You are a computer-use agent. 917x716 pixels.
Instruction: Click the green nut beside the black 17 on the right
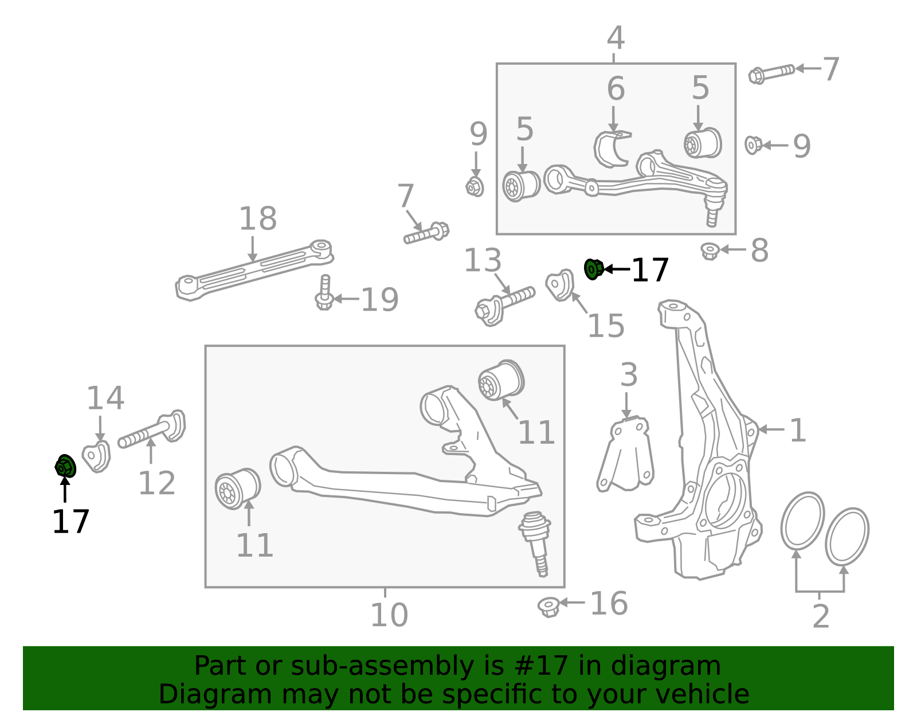[x=594, y=269]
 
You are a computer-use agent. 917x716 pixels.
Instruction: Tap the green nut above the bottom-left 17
[x=65, y=466]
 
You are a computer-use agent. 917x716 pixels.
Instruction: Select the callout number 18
[x=258, y=218]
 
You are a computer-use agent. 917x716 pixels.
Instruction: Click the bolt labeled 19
[x=324, y=293]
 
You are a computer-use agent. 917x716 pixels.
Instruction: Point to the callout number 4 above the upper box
[x=616, y=38]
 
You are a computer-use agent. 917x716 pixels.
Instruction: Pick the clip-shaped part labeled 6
[x=612, y=149]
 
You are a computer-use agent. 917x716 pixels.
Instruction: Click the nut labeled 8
[x=710, y=251]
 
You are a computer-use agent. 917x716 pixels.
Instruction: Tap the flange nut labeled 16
[x=549, y=607]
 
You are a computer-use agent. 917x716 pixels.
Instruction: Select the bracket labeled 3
[x=625, y=455]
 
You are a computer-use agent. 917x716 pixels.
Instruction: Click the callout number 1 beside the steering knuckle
[x=798, y=431]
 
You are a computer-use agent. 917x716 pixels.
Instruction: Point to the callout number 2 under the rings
[x=821, y=616]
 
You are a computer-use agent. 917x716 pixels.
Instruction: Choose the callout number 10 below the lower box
[x=389, y=615]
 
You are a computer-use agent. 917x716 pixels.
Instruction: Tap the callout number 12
[x=156, y=483]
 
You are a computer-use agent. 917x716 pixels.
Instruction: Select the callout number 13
[x=483, y=260]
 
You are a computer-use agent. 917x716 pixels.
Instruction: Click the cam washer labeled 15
[x=560, y=285]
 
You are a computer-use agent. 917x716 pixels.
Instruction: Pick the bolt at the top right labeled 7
[x=771, y=73]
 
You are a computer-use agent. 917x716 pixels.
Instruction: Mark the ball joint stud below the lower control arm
[x=535, y=543]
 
